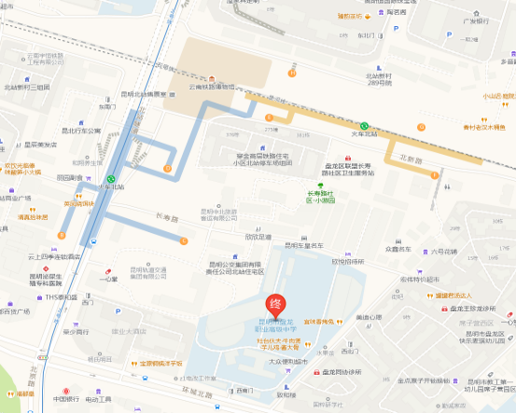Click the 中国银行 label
(x=66, y=400)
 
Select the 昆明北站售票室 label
(x=144, y=94)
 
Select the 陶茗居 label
(x=395, y=12)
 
